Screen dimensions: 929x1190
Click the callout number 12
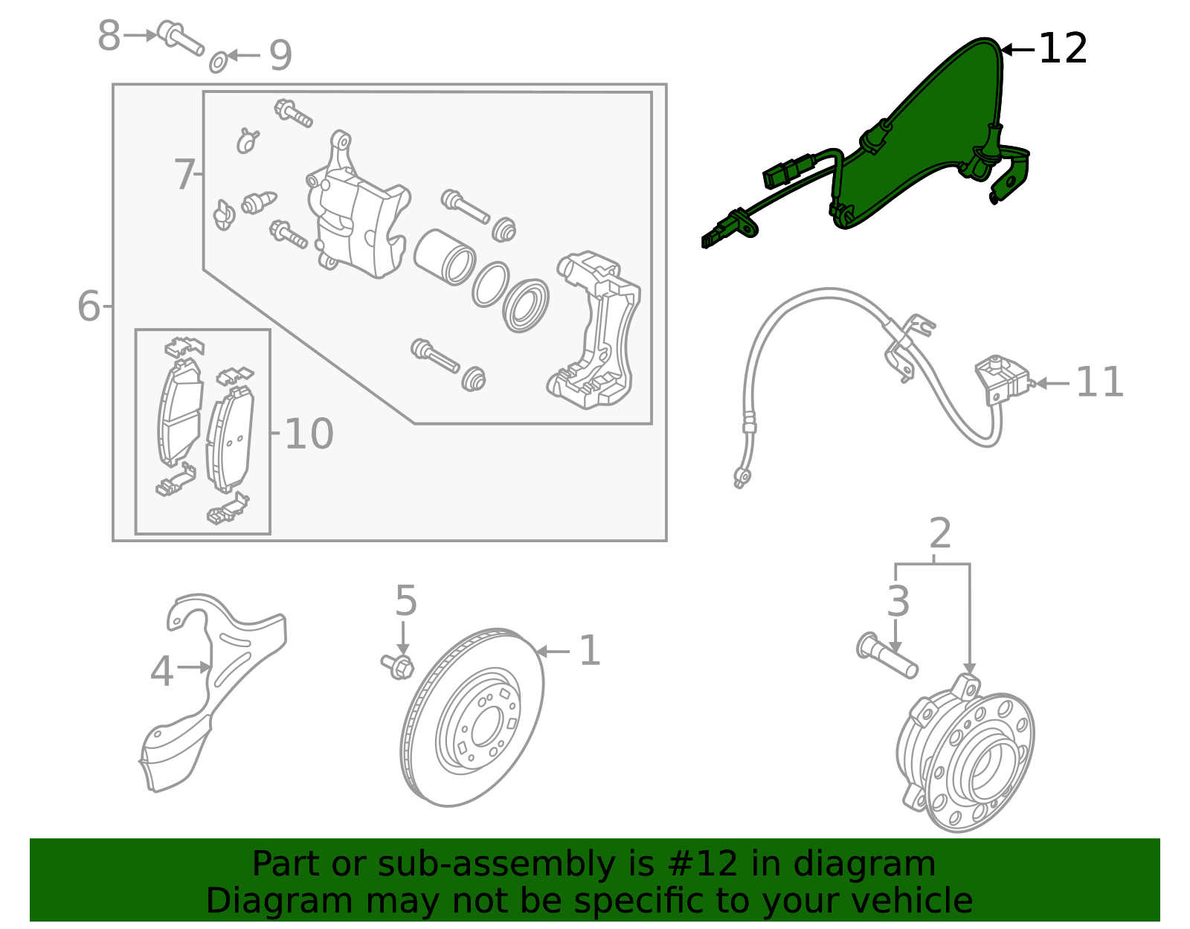pos(1063,49)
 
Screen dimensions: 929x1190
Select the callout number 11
pos(1099,383)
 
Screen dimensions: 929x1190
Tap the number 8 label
pos(109,35)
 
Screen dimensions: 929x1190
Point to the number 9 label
pos(280,56)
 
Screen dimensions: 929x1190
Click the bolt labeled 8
pos(181,39)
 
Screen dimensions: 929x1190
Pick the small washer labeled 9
pos(218,62)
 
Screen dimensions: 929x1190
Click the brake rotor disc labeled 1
pos(472,719)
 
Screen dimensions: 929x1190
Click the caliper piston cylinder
pos(444,257)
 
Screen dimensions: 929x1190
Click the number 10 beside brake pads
pos(309,434)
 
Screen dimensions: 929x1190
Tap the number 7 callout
pos(184,176)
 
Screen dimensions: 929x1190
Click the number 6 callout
pos(89,306)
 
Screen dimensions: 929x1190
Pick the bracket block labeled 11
pos(1003,379)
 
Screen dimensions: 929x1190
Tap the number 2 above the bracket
pos(940,534)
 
